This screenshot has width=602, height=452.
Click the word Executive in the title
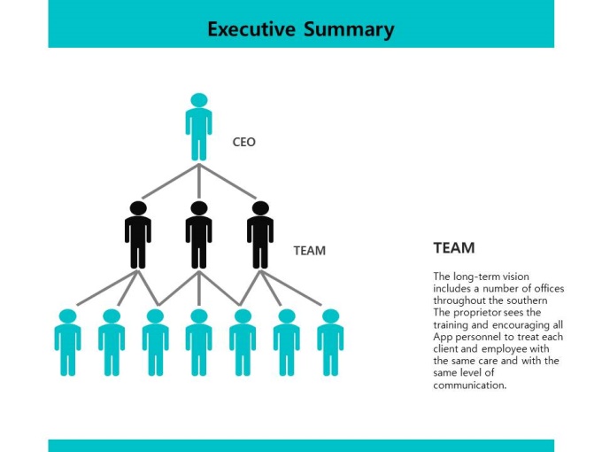[251, 29]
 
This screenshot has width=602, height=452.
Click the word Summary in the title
[349, 30]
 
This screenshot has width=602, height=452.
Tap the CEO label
[243, 142]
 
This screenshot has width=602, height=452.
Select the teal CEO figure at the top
[199, 127]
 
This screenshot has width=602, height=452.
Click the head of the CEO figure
[199, 100]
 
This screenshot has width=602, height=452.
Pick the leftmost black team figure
[138, 235]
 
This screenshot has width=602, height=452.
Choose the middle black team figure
[199, 235]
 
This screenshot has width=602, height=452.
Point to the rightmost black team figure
[260, 235]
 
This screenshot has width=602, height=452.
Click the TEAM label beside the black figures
[310, 251]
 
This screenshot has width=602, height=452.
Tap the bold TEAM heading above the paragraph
[454, 248]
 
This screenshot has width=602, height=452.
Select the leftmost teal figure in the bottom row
[67, 342]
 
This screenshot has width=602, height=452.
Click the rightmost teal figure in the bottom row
[330, 342]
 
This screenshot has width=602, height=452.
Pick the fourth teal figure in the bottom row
[199, 342]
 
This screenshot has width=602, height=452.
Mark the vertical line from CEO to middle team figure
[199, 181]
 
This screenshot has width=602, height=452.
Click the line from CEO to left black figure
[170, 181]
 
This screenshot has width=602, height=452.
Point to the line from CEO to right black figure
[228, 181]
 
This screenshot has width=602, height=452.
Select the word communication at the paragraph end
[470, 386]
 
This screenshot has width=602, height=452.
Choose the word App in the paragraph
[442, 337]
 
